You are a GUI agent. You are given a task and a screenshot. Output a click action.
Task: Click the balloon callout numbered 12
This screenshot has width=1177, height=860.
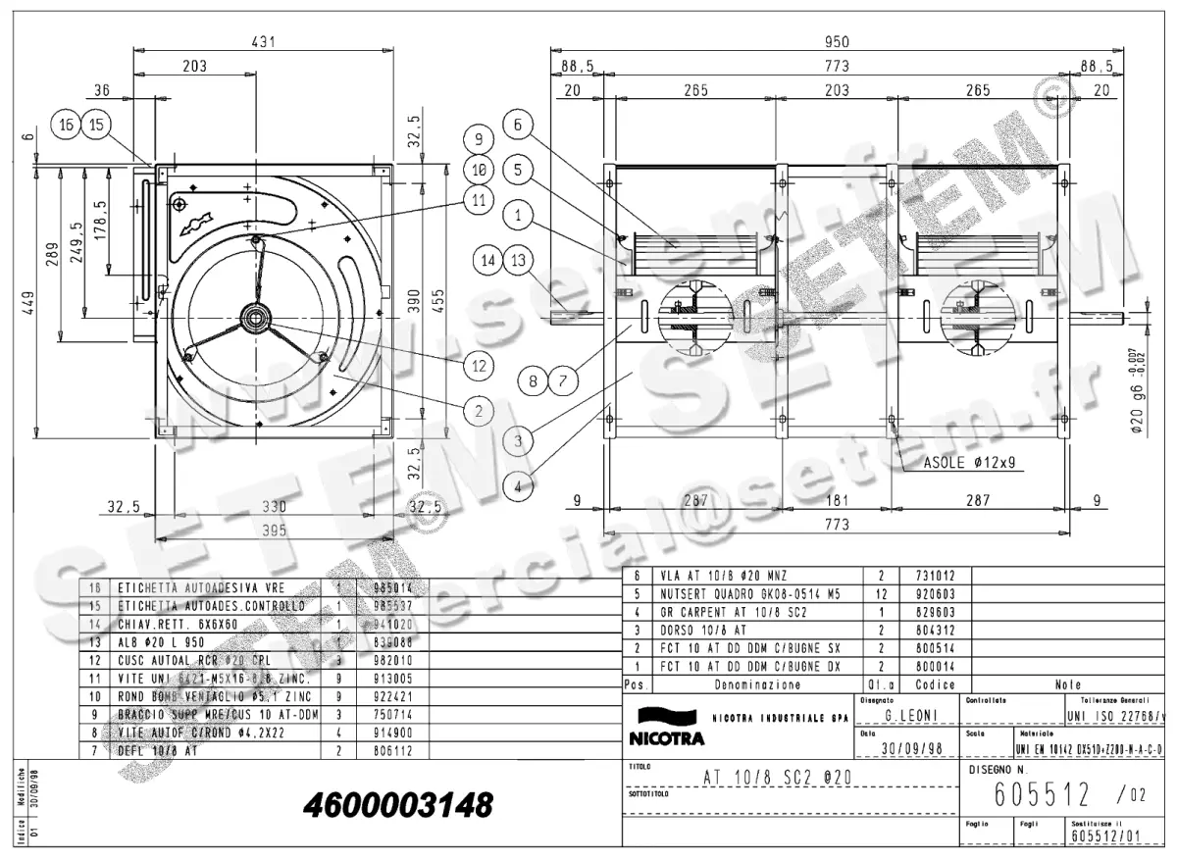[x=479, y=365]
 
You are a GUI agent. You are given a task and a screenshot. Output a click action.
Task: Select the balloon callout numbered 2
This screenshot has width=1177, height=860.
[x=479, y=411]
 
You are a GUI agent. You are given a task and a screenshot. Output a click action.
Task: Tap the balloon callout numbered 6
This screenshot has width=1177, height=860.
[x=519, y=125]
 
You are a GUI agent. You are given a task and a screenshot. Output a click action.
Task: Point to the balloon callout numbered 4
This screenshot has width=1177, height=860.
[x=519, y=482]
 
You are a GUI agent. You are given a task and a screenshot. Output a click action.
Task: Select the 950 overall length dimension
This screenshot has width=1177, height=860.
[x=836, y=41]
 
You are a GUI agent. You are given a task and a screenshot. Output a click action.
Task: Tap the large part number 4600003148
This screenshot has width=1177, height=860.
[x=398, y=806]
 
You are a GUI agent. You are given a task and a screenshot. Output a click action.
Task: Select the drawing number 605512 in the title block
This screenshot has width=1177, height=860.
[x=1041, y=791]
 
